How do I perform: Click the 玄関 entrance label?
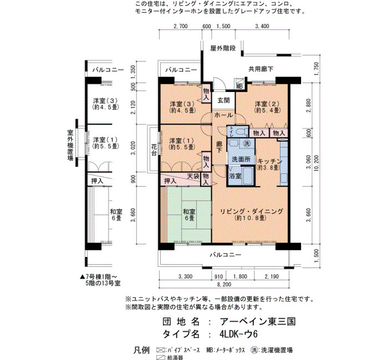[224, 100]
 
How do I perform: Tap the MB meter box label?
[239, 86]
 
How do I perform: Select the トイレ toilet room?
[238, 131]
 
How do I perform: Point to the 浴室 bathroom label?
[235, 176]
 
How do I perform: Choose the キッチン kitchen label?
[270, 161]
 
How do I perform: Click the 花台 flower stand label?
[154, 150]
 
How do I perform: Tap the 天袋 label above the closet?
[193, 176]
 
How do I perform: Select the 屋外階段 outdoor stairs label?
[223, 48]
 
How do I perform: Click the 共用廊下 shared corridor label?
[261, 69]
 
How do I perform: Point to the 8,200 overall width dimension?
[224, 284]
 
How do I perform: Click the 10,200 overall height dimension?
[316, 163]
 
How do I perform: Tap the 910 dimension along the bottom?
[218, 276]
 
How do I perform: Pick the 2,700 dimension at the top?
[181, 26]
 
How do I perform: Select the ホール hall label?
[223, 115]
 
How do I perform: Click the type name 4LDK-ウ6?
[238, 335]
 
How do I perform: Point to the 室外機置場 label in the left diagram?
[70, 145]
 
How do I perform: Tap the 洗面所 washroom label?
[241, 160]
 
